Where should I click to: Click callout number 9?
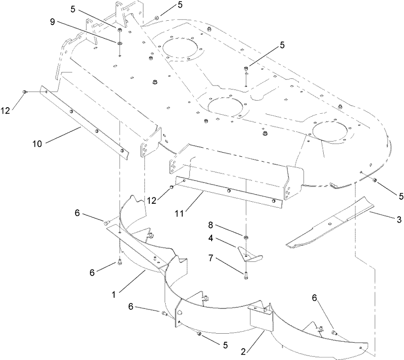[53, 22]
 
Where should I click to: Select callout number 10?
[37, 144]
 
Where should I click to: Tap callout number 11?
[180, 213]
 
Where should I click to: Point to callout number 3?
[399, 219]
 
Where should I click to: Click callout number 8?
[211, 225]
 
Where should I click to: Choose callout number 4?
[211, 238]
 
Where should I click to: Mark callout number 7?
[211, 258]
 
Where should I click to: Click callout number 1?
[114, 294]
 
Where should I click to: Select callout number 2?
[243, 352]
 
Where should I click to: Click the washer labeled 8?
[246, 237]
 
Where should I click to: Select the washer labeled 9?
[120, 43]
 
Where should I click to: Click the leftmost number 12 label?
[5, 110]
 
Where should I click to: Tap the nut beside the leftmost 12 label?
[24, 92]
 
